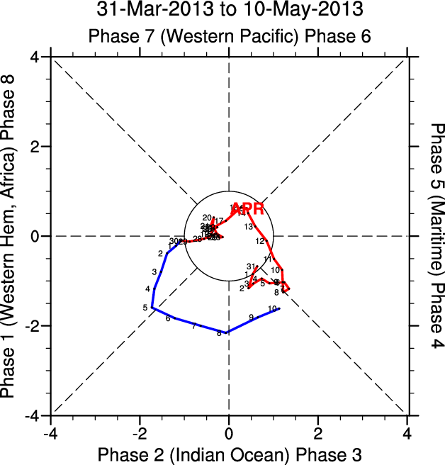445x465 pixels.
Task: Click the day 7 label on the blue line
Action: [193, 326]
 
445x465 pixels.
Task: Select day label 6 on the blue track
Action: [168, 318]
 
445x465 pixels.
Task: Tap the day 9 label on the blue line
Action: [251, 317]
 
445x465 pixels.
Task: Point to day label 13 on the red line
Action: [249, 227]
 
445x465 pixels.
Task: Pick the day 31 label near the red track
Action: [250, 266]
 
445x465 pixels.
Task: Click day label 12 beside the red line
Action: [259, 241]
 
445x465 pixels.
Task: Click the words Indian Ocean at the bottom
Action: [216, 453]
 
